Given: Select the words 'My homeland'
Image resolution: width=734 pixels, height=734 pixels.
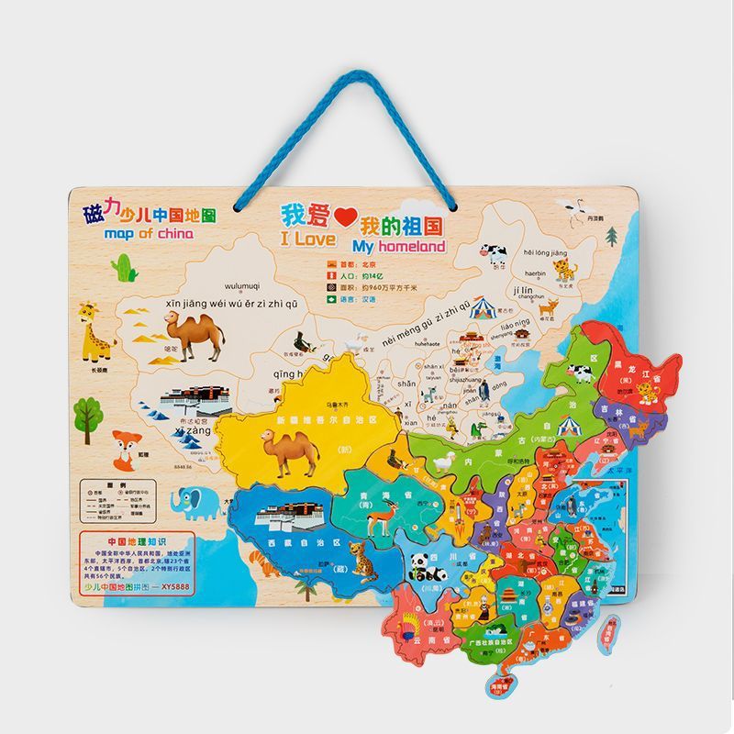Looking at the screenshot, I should [x=397, y=246].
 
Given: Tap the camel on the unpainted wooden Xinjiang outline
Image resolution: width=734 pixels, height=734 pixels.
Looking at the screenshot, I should [x=195, y=335].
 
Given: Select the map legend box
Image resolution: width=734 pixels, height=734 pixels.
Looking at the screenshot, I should [x=120, y=504].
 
